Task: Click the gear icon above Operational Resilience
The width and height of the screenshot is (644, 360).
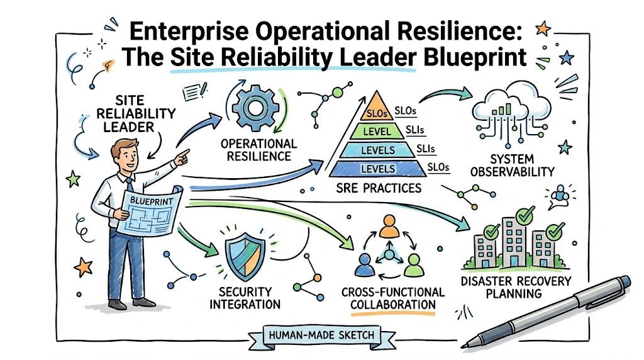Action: (x=255, y=108)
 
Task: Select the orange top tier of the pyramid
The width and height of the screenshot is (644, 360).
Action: (x=377, y=108)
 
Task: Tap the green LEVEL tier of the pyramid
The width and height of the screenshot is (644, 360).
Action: (x=377, y=131)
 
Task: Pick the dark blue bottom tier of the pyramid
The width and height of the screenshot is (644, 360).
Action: (x=378, y=169)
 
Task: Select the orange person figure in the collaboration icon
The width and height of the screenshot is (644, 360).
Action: (x=389, y=227)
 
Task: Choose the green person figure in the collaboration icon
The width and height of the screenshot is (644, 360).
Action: (x=414, y=265)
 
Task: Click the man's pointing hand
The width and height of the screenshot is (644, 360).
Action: (x=181, y=157)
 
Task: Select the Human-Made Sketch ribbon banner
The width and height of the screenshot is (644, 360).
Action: (x=322, y=335)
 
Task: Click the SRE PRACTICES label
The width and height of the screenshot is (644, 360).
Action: (x=379, y=188)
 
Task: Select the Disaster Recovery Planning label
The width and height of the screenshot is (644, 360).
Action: (x=516, y=287)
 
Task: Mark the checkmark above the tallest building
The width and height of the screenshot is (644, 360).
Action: (x=525, y=215)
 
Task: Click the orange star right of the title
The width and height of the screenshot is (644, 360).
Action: (x=543, y=28)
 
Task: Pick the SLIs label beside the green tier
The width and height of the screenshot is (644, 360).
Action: (x=415, y=130)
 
